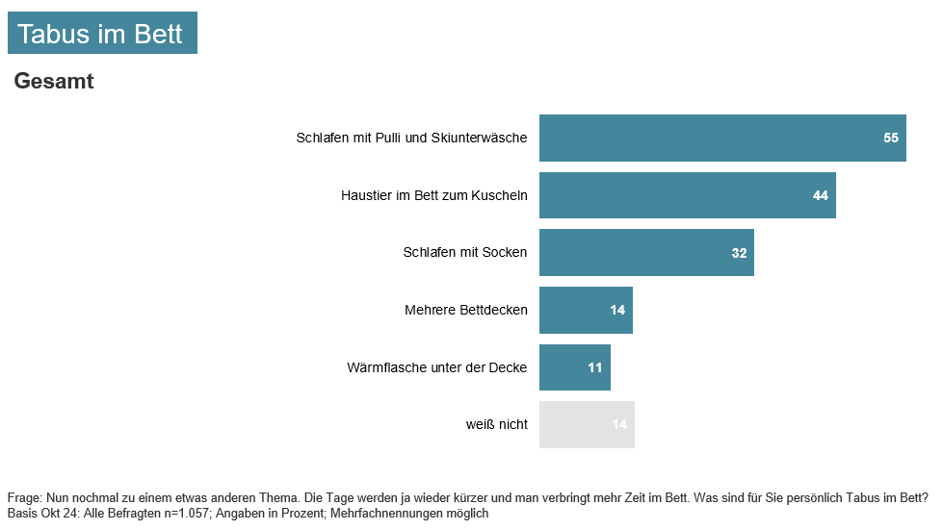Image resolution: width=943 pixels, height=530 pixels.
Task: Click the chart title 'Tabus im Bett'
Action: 100,35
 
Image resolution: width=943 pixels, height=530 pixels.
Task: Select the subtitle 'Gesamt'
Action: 54,82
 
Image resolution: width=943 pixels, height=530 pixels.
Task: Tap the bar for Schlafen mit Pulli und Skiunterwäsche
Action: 722,138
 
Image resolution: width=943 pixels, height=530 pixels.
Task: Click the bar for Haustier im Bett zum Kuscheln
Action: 687,195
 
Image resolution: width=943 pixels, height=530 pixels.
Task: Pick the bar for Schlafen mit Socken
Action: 646,253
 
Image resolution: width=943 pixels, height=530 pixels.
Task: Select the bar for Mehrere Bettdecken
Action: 586,310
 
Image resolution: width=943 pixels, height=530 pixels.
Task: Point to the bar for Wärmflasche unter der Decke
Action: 574,367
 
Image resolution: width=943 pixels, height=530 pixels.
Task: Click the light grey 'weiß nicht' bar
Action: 587,424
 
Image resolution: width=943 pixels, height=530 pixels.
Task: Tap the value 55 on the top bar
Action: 891,138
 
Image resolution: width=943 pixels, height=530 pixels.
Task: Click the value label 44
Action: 821,195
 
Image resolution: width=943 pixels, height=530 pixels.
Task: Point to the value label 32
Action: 740,253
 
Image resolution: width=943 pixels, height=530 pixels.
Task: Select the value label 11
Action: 595,367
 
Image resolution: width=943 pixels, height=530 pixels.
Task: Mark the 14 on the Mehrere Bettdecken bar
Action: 617,310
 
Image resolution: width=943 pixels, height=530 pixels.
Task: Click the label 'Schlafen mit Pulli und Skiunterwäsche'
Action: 411,138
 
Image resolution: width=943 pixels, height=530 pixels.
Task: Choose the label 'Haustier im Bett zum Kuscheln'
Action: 433,195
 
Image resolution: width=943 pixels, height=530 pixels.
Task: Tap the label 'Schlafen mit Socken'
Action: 464,253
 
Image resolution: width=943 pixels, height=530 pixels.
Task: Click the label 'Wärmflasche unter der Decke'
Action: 436,367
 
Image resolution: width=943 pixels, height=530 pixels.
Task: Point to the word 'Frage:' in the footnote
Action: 24,498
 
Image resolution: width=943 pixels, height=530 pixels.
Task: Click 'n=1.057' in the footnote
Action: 186,514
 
